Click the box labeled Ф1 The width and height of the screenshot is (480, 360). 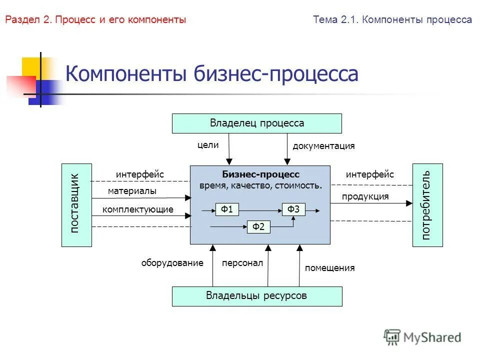[227, 209]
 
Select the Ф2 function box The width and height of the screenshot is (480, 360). [258, 227]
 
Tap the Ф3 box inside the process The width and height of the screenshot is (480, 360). [293, 209]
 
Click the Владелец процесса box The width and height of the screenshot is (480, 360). [257, 123]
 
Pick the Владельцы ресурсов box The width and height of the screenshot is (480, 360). [257, 296]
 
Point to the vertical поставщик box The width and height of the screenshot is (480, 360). [76, 205]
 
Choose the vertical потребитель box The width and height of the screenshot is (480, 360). [427, 205]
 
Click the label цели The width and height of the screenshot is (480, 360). [208, 145]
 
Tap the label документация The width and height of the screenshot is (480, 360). [323, 146]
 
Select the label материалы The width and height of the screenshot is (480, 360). [132, 191]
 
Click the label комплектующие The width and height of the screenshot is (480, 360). [138, 209]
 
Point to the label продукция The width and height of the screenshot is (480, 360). [365, 196]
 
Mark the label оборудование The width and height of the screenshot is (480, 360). [172, 263]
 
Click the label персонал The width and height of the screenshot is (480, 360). [242, 263]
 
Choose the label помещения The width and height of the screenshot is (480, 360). [329, 268]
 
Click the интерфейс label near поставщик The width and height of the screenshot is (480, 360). [140, 174]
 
